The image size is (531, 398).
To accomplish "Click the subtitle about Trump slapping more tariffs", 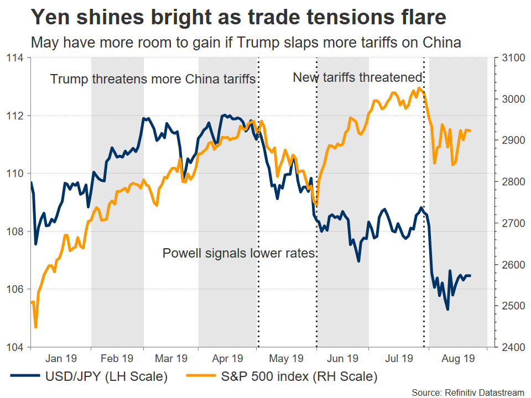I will (x=246, y=43).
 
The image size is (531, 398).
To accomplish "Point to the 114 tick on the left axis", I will (x=15, y=58).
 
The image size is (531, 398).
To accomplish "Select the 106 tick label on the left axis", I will (x=15, y=289).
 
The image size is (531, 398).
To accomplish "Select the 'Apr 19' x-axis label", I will (x=228, y=358).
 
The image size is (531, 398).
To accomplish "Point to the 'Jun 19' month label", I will (x=343, y=358).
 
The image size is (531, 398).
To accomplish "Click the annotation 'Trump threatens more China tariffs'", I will (x=153, y=78).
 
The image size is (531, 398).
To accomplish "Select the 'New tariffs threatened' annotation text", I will (x=357, y=77).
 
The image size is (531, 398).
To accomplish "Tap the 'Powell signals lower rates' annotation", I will (x=238, y=254).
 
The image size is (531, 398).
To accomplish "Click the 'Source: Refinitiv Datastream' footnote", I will (x=467, y=392).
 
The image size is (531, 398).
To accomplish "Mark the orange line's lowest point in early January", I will (x=35, y=327).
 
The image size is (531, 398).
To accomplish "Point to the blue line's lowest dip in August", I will (x=447, y=309).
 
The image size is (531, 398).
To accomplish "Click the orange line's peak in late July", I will (x=420, y=87).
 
